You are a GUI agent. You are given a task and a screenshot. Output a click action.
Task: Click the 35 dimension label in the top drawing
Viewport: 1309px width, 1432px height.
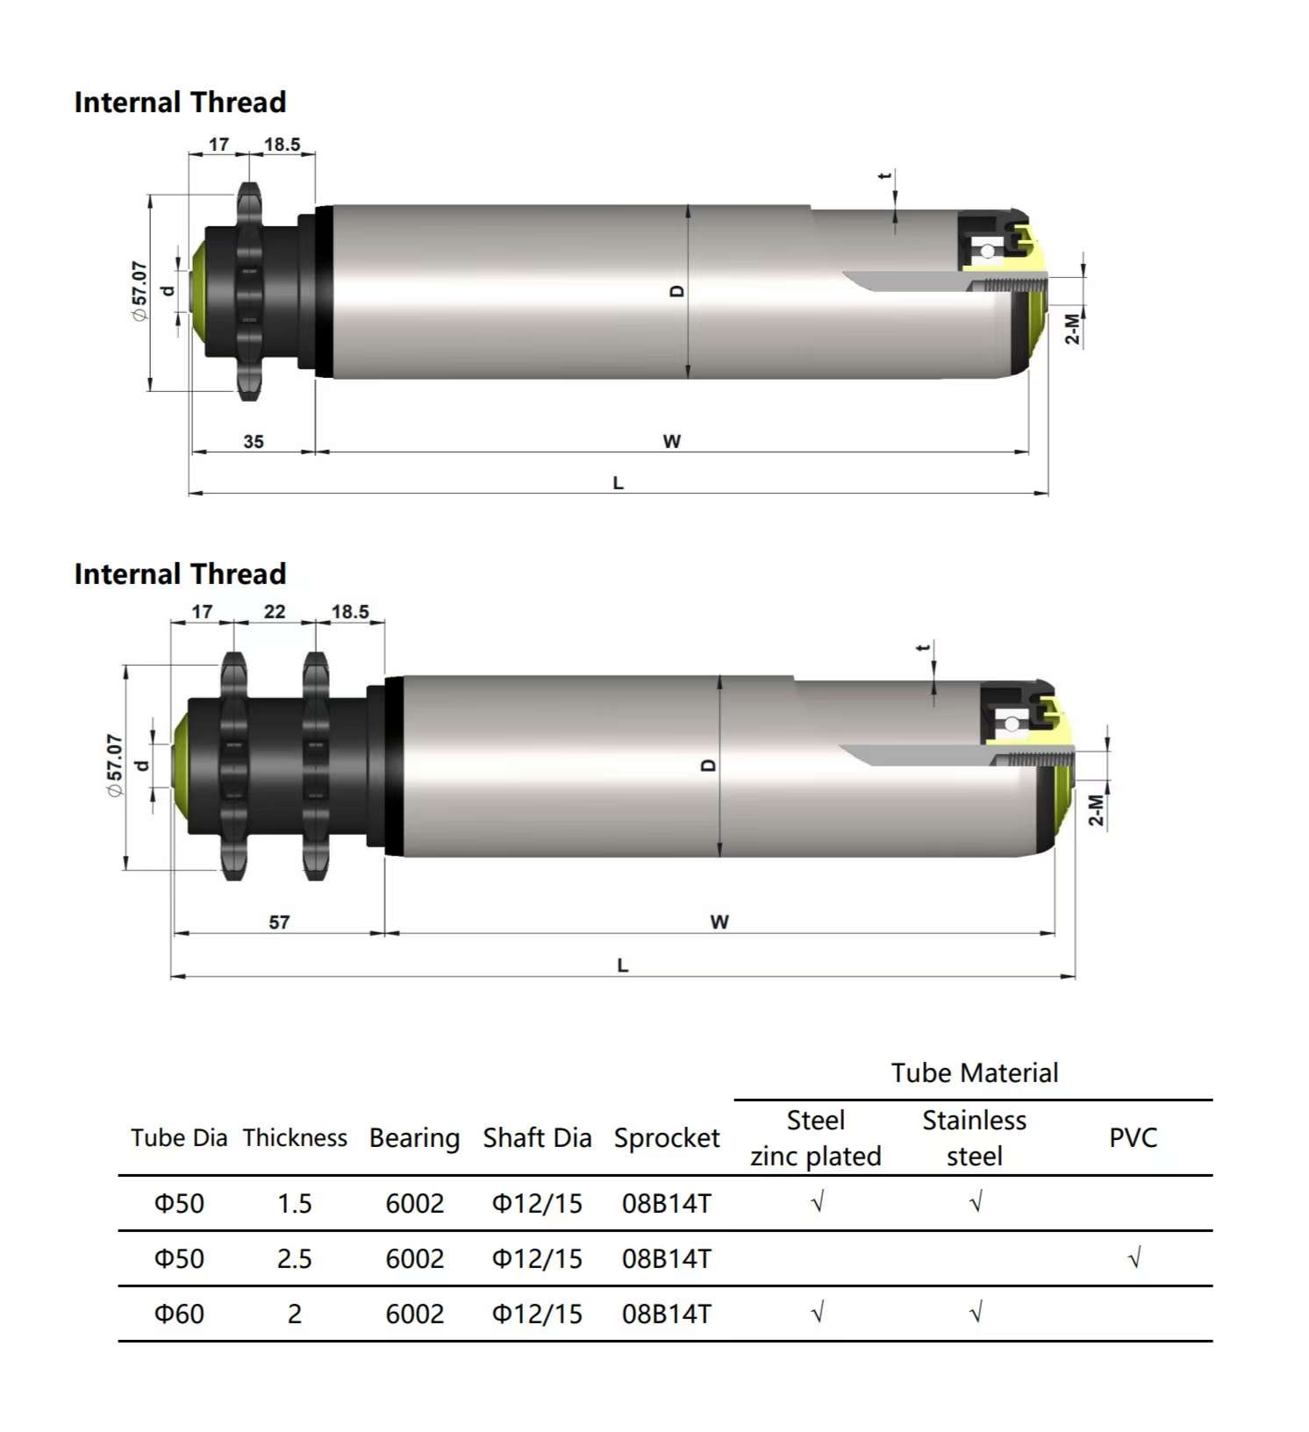coord(254,441)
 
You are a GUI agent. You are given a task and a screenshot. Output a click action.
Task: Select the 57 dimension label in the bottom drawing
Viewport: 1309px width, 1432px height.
coord(279,922)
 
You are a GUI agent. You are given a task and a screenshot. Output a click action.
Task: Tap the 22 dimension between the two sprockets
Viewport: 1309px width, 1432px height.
coord(275,611)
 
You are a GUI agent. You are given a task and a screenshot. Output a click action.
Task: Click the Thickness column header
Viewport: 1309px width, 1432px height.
coord(295,1137)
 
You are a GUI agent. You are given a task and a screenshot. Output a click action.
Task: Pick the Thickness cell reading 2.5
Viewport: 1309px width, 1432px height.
coord(295,1258)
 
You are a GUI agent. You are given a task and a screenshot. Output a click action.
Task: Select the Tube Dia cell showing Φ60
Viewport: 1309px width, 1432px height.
coord(179,1314)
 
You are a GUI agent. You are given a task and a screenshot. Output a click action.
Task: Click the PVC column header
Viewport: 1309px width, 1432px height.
coord(1133,1137)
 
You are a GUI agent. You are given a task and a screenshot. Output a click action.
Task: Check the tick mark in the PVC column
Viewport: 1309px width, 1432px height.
coord(1134,1258)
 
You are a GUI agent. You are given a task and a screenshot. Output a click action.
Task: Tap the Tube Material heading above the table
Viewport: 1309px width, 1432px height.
coord(975,1072)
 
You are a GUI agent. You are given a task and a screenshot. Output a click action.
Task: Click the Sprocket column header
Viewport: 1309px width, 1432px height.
coord(667,1137)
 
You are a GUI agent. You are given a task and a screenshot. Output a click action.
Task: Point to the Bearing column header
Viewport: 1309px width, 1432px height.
coord(414,1137)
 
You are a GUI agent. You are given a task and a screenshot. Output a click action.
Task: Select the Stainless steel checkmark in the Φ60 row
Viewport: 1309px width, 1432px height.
coord(976,1313)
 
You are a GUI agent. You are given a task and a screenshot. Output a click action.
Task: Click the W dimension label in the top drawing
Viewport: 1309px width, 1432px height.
coord(672,441)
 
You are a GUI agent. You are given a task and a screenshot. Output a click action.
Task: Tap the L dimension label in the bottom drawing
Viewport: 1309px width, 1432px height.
coord(623,965)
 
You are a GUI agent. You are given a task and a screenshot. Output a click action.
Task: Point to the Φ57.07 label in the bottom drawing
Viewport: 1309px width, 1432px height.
coord(114,765)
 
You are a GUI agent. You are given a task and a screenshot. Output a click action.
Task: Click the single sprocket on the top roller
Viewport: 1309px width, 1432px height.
coord(249,291)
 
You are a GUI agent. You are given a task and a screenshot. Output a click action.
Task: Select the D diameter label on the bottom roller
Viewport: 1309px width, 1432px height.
coord(709,766)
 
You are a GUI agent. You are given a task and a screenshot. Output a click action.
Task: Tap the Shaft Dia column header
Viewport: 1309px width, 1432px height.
coord(537,1137)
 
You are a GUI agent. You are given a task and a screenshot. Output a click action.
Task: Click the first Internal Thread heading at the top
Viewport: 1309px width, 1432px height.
coord(180,103)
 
